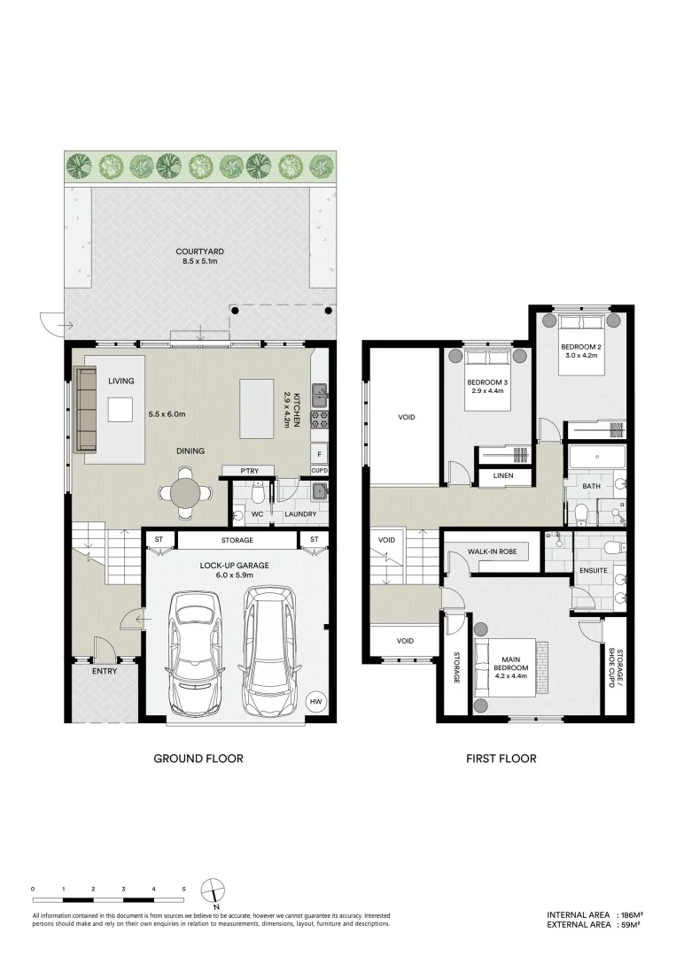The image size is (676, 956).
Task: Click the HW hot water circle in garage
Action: [x=315, y=702]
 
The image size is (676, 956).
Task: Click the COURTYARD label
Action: [x=193, y=252]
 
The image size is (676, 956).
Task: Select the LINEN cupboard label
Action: [x=502, y=476]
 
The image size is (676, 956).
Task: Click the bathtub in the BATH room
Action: [x=596, y=459]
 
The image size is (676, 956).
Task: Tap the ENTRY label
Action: [x=105, y=672]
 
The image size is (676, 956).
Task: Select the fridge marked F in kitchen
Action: [x=319, y=454]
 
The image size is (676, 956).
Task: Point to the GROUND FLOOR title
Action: [x=198, y=759]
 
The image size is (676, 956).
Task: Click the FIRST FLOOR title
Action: [x=501, y=759]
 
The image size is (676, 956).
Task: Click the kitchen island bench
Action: [x=256, y=409]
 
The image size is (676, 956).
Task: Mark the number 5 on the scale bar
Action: [x=183, y=887]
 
